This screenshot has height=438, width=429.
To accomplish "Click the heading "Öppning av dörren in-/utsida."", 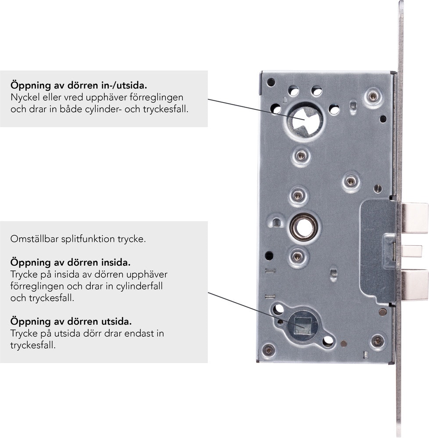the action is (79, 85).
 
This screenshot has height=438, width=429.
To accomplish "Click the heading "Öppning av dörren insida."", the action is (71, 262).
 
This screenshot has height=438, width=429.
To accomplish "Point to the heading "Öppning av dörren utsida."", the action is (71, 321).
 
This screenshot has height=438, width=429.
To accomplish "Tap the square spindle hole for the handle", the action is (304, 325).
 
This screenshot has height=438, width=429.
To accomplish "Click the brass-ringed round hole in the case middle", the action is (304, 227).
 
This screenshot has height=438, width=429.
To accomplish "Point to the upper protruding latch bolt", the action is (415, 218).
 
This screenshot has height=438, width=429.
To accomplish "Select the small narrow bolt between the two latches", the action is (411, 251).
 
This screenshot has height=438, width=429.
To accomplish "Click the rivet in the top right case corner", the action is (373, 97).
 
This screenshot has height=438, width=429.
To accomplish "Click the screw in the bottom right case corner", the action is (378, 341).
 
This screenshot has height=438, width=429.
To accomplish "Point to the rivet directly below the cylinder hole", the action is (301, 155).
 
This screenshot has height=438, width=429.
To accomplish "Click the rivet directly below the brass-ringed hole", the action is (297, 256).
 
